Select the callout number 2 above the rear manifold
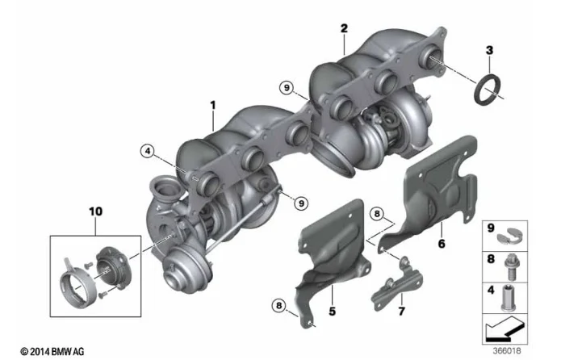coord(344,29)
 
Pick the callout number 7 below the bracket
coord(402,311)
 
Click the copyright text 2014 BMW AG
coord(52,351)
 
